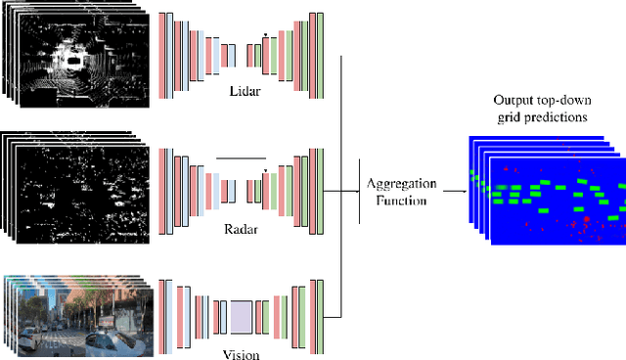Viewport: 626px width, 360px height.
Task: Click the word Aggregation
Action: [x=400, y=183]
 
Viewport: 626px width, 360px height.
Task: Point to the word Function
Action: [x=401, y=200]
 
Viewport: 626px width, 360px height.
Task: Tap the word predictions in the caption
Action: [x=560, y=117]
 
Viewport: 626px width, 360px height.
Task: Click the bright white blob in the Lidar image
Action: [x=74, y=59]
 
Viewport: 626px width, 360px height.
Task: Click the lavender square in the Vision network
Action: [x=241, y=318]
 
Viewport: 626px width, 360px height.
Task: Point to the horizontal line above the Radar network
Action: [x=241, y=157]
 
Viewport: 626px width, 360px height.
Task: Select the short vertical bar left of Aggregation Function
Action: [x=361, y=191]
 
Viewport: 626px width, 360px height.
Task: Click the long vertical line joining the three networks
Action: [x=339, y=186]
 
